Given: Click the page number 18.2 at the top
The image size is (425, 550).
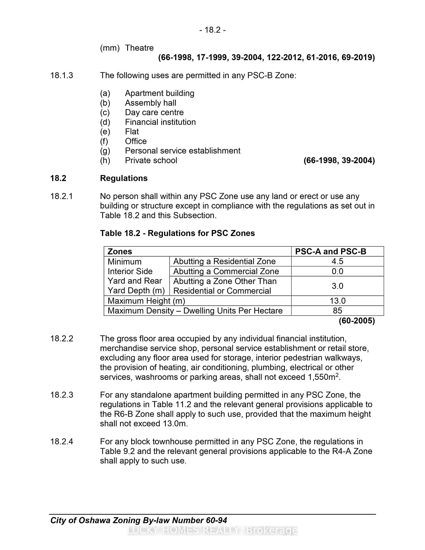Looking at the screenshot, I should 213,30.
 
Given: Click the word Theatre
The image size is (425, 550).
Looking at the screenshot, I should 139,48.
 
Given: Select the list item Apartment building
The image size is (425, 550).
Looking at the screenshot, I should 160,93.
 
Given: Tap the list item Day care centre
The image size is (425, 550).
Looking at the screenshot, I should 154,112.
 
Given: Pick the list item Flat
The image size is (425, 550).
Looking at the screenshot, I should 132,131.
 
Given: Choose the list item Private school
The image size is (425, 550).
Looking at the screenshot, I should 151,160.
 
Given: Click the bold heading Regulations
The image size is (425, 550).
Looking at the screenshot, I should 124,178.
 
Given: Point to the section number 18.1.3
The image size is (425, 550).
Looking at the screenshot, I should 62,75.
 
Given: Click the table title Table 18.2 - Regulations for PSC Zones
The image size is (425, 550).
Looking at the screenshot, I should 177,233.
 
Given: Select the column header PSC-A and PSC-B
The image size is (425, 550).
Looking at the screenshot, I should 330,252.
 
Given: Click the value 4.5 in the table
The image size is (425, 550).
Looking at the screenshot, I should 337,261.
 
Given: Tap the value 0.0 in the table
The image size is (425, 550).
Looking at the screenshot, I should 337,271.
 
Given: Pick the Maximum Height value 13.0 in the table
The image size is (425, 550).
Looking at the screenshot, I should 337,301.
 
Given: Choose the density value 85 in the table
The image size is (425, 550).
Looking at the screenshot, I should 337,311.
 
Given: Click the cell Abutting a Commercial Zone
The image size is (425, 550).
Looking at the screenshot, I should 226,271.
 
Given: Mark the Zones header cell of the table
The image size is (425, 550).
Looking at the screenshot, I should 120,252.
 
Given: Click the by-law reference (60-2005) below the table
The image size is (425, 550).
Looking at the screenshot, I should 357,321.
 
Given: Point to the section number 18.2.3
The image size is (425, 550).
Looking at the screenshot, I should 62,395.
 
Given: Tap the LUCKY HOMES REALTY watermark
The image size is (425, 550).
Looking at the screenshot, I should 213,531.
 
